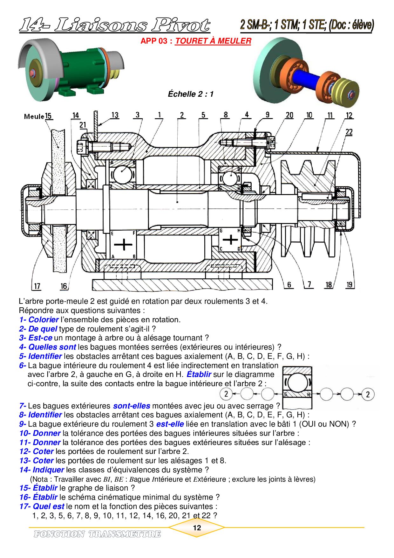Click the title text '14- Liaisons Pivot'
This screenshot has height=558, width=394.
pos(114,25)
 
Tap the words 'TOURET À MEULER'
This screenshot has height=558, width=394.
pos(213,41)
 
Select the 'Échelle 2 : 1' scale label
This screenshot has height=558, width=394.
pos(191,94)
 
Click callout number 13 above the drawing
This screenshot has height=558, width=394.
pos(115,115)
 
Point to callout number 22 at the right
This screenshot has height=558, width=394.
pos(349,132)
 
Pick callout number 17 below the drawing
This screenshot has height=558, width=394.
pos(37,286)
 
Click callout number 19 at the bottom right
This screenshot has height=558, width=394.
pos(350,284)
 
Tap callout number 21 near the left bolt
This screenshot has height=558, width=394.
pos(83,125)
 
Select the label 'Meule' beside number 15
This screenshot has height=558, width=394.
pos(34,116)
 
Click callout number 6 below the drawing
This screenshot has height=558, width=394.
pos(289,284)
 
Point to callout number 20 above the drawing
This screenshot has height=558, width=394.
pos(289,115)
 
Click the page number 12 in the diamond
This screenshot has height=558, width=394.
pos(197,528)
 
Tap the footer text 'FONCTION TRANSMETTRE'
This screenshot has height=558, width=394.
pos(97,534)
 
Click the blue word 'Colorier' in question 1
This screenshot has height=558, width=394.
pos(44,320)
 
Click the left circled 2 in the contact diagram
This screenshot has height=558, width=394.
pos(226,394)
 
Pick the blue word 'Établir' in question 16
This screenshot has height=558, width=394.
pos(45,497)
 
